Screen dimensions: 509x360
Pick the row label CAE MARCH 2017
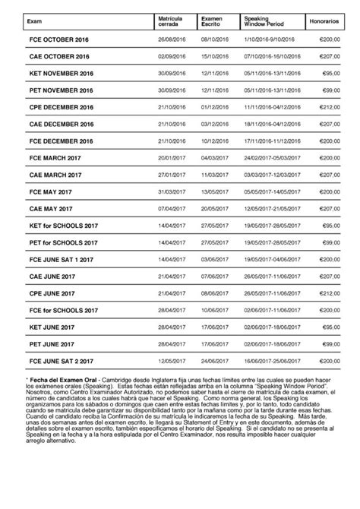click(55, 175)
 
